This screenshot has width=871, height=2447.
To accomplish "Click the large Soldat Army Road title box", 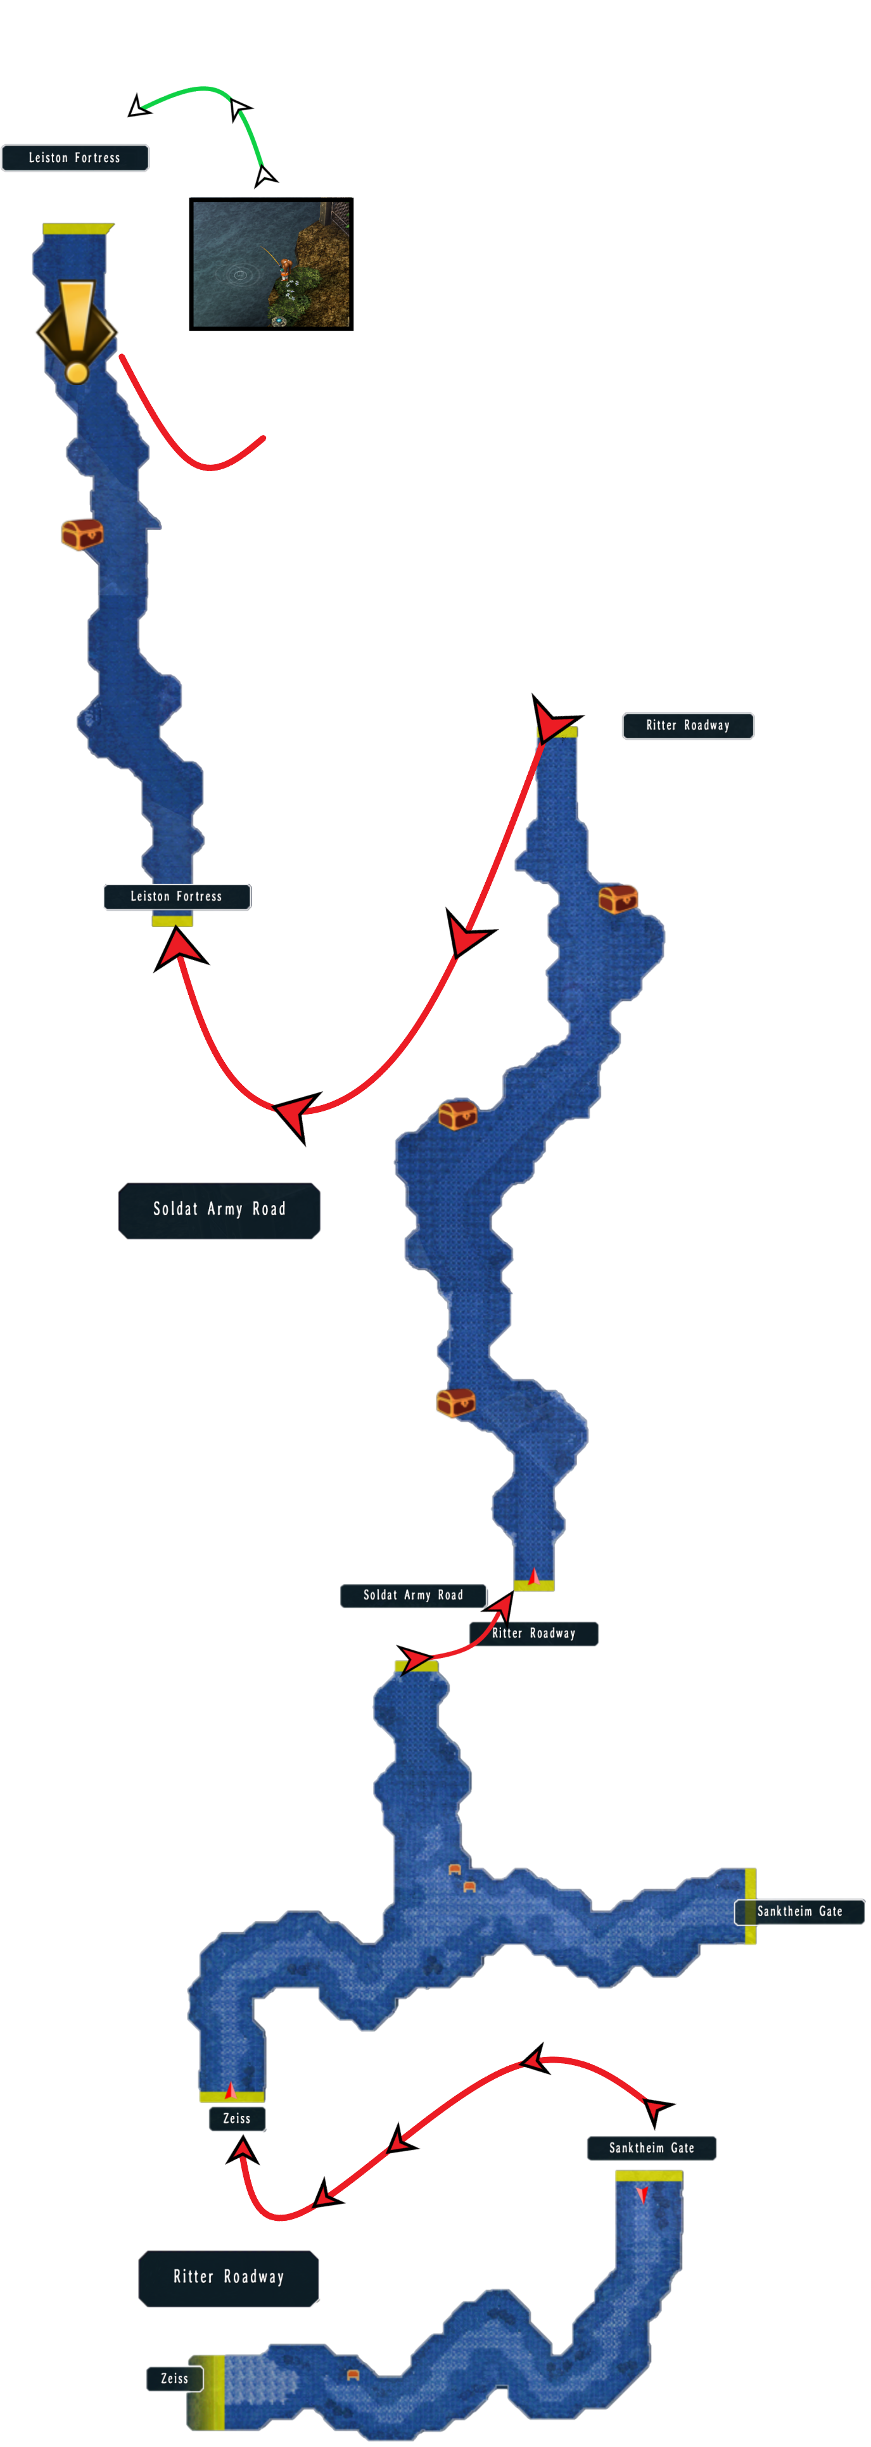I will click(219, 1210).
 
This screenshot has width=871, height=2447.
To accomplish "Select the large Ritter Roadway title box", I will click(229, 2278).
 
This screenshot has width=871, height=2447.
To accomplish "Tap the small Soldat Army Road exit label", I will click(413, 1596).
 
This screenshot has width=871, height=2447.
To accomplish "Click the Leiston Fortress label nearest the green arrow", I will click(75, 158).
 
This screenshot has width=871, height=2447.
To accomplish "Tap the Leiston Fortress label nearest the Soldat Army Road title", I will click(177, 897).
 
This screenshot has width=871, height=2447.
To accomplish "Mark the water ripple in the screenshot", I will click(239, 275).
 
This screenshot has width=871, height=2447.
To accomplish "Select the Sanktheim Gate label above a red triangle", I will click(652, 2148).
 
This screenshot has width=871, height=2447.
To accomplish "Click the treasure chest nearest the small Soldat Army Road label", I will click(455, 1402).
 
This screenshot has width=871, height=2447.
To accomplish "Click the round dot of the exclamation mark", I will click(77, 371).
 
